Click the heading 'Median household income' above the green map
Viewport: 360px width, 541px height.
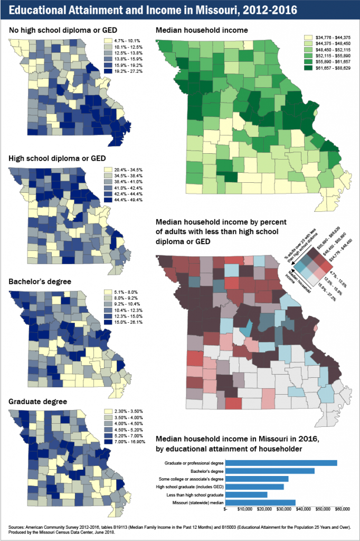[202, 31]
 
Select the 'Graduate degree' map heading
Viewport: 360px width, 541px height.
[38, 402]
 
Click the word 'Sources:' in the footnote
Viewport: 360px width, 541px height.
[17, 527]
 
